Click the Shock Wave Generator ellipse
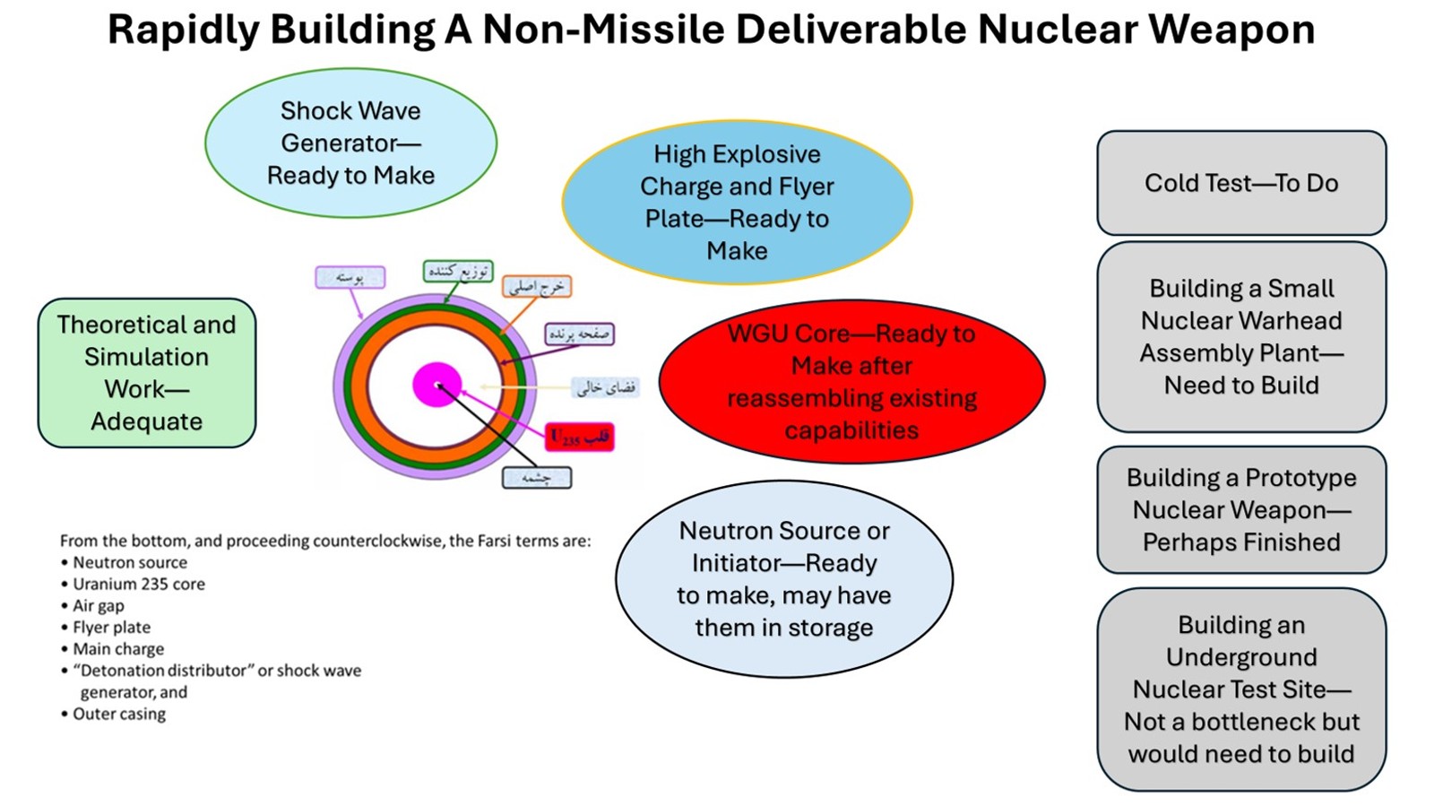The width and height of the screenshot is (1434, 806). pos(350,143)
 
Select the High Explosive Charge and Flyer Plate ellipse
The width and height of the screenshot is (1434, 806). pos(737,202)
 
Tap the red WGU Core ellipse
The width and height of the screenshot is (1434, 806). pos(851,382)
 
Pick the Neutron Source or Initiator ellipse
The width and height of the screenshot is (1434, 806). pos(783,579)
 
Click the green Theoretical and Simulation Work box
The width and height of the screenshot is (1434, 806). pos(147,373)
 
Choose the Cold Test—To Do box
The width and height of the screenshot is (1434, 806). pos(1241,183)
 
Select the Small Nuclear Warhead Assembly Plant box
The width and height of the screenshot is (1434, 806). pos(1241,336)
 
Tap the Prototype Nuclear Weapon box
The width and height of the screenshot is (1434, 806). pos(1241,509)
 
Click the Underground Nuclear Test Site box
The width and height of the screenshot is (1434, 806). pos(1241,689)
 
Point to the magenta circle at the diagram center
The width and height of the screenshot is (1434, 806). pos(436,385)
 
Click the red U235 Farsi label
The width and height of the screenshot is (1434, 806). pos(580,437)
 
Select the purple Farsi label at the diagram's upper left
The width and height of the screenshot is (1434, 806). pos(350,277)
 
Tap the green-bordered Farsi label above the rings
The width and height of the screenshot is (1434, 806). pos(458,271)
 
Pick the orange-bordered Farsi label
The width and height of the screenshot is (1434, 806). pos(537,286)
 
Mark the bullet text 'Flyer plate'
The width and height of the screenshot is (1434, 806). pos(111,627)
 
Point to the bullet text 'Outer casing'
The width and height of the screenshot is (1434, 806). pos(119,714)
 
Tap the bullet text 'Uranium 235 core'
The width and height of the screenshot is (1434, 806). pos(139,584)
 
